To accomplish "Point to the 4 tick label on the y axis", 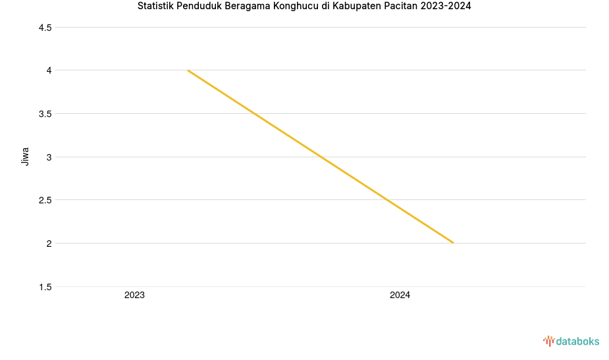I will (49, 70).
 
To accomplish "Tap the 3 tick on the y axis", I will (49, 157).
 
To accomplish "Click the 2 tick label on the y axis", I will (49, 244).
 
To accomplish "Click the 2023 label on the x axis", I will (134, 296).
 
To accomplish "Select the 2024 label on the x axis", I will (400, 296).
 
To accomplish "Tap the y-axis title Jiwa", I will (26, 157).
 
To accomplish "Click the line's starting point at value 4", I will (188, 70).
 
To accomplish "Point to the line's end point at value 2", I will (453, 243).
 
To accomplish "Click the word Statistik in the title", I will (156, 7).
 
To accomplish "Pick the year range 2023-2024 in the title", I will (446, 7).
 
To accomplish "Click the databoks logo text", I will (577, 342).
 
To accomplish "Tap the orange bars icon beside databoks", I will (548, 341).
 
